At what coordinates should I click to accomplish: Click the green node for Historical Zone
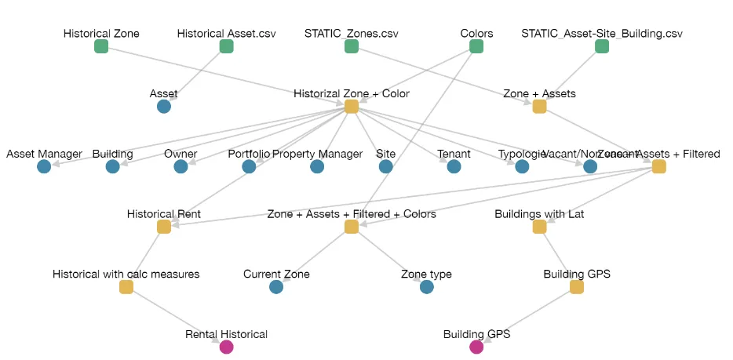point(101,46)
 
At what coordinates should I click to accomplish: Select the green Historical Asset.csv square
point(226,46)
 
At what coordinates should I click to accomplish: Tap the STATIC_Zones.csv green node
point(351,46)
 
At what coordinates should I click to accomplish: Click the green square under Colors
point(476,46)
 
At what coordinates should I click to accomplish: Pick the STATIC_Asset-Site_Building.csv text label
point(602,34)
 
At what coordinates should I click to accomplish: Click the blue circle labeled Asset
point(163,106)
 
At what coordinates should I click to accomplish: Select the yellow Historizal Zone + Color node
point(351,106)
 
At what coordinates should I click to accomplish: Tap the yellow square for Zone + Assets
point(539,106)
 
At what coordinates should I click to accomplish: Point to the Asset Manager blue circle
point(44,166)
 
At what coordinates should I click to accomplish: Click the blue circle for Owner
point(181,166)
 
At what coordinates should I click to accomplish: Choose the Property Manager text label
point(317,154)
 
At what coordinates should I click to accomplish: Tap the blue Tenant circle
point(454,166)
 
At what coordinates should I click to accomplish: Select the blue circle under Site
point(385,166)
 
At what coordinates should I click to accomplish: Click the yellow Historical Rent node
point(163,227)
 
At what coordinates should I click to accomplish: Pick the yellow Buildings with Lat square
point(539,227)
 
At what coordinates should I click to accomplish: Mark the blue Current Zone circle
point(276,287)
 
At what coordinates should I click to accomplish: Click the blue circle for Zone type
point(426,287)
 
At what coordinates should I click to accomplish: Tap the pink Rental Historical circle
point(226,347)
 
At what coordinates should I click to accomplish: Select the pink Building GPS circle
point(476,347)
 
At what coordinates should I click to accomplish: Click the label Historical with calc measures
point(126,275)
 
